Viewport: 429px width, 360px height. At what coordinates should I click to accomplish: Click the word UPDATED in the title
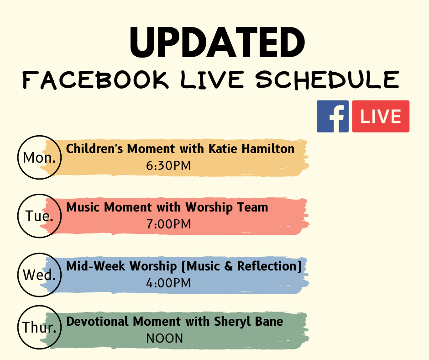point(217,42)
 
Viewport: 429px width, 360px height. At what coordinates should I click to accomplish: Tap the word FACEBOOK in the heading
point(95,79)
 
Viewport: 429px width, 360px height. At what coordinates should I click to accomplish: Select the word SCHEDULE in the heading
point(328,79)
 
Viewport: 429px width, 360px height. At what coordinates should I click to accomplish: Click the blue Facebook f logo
point(333,116)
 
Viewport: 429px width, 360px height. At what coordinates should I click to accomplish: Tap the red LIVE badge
point(381,116)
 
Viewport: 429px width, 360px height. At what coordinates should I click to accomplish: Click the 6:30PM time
point(168,166)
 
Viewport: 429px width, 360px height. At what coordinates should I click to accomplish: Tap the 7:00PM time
point(168,224)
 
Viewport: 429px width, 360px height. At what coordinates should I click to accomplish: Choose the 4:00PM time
point(168,283)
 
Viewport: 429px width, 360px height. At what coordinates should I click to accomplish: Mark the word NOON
point(164,339)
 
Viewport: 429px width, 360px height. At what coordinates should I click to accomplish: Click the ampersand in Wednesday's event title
point(228,266)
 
